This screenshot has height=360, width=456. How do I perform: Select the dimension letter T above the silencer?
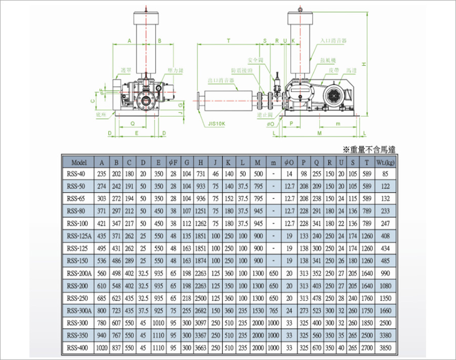pyautogui.click(x=229, y=40)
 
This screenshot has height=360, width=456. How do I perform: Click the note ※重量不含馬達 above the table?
pyautogui.click(x=368, y=149)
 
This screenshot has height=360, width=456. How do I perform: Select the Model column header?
pyautogui.click(x=80, y=163)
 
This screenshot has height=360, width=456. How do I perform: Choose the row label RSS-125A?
pyautogui.click(x=80, y=236)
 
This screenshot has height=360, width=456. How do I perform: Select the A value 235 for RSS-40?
pyautogui.click(x=102, y=174)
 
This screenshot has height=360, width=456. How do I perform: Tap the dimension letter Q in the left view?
pyautogui.click(x=132, y=123)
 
